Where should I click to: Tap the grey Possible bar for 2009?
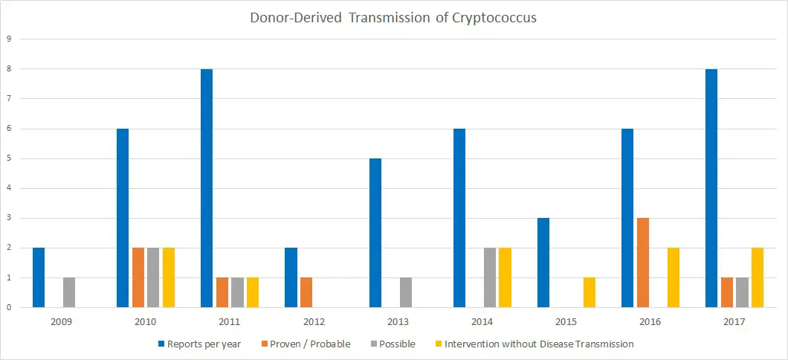tap(68, 292)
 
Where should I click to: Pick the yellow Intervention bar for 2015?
tap(589, 292)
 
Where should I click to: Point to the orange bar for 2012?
tap(306, 292)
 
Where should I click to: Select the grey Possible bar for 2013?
tap(405, 292)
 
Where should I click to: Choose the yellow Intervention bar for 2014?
tap(505, 277)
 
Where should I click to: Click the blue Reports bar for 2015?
tap(543, 263)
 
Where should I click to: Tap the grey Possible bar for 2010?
tap(153, 277)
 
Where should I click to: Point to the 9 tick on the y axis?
tap(10, 39)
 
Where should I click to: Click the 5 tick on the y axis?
tap(10, 158)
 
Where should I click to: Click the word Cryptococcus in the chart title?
tap(494, 18)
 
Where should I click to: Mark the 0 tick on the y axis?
tap(10, 307)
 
